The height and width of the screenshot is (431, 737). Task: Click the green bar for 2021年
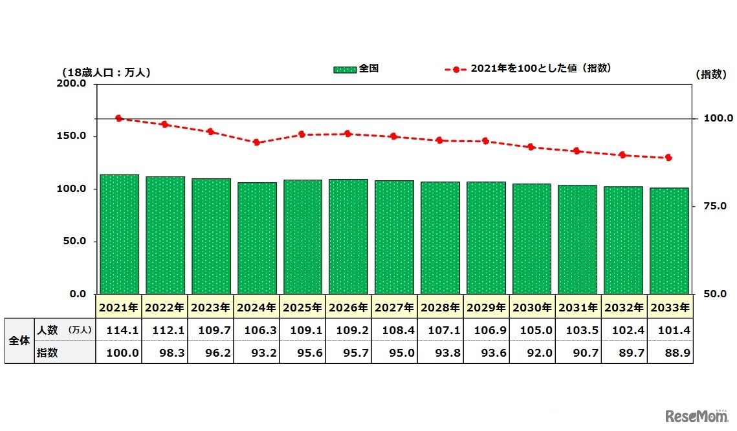pyautogui.click(x=119, y=234)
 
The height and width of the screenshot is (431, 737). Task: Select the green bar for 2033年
pyautogui.click(x=669, y=240)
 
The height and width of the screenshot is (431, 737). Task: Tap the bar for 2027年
pyautogui.click(x=394, y=237)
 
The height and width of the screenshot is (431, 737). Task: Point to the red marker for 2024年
pyautogui.click(x=257, y=142)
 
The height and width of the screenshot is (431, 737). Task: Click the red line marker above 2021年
pyautogui.click(x=119, y=118)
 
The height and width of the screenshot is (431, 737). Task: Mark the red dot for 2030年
pyautogui.click(x=531, y=147)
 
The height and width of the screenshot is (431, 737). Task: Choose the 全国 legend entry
pyautogui.click(x=357, y=68)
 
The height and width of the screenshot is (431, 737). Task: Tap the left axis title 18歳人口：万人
pyautogui.click(x=105, y=72)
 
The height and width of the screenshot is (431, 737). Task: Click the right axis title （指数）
pyautogui.click(x=712, y=74)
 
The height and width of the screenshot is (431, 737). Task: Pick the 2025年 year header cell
pyautogui.click(x=303, y=307)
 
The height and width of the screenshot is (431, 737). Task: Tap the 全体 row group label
pyautogui.click(x=19, y=341)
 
